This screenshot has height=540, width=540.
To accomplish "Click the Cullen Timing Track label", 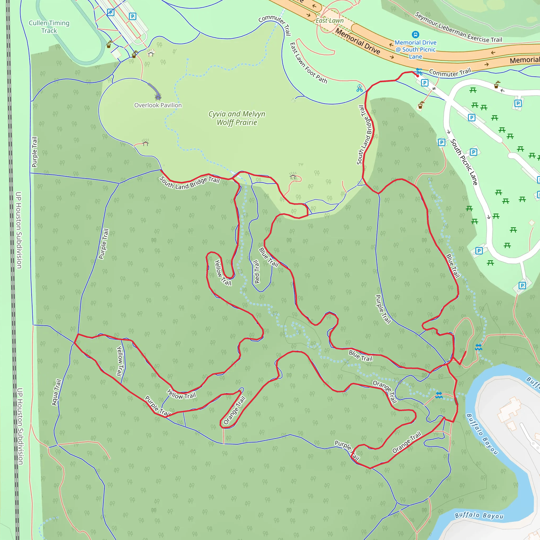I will [49, 27].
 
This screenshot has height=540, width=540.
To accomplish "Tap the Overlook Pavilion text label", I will [158, 105].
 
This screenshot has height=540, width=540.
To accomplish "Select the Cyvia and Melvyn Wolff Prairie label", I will [237, 118].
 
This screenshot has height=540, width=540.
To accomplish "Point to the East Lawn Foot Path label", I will [308, 63].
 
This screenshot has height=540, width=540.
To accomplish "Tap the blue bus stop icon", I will [415, 34].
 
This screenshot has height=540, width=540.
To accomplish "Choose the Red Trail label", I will [256, 272].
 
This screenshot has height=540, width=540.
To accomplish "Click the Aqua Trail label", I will [56, 392].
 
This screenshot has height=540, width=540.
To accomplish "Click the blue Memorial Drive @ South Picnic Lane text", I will [416, 50].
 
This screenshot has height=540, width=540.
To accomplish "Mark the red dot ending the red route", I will [418, 76].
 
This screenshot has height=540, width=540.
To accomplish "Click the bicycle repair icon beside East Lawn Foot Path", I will [359, 88].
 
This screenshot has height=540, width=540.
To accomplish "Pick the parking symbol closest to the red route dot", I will [425, 83].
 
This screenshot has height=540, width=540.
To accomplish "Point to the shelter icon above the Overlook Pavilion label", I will [158, 97].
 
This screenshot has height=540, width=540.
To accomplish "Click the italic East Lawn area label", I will [330, 21].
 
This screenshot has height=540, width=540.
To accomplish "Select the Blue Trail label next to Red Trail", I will [268, 257].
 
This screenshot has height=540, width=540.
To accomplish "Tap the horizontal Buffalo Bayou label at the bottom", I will [479, 515].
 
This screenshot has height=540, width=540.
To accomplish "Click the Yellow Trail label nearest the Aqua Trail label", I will [120, 361].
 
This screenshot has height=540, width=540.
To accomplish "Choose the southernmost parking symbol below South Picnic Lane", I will [522, 285].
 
